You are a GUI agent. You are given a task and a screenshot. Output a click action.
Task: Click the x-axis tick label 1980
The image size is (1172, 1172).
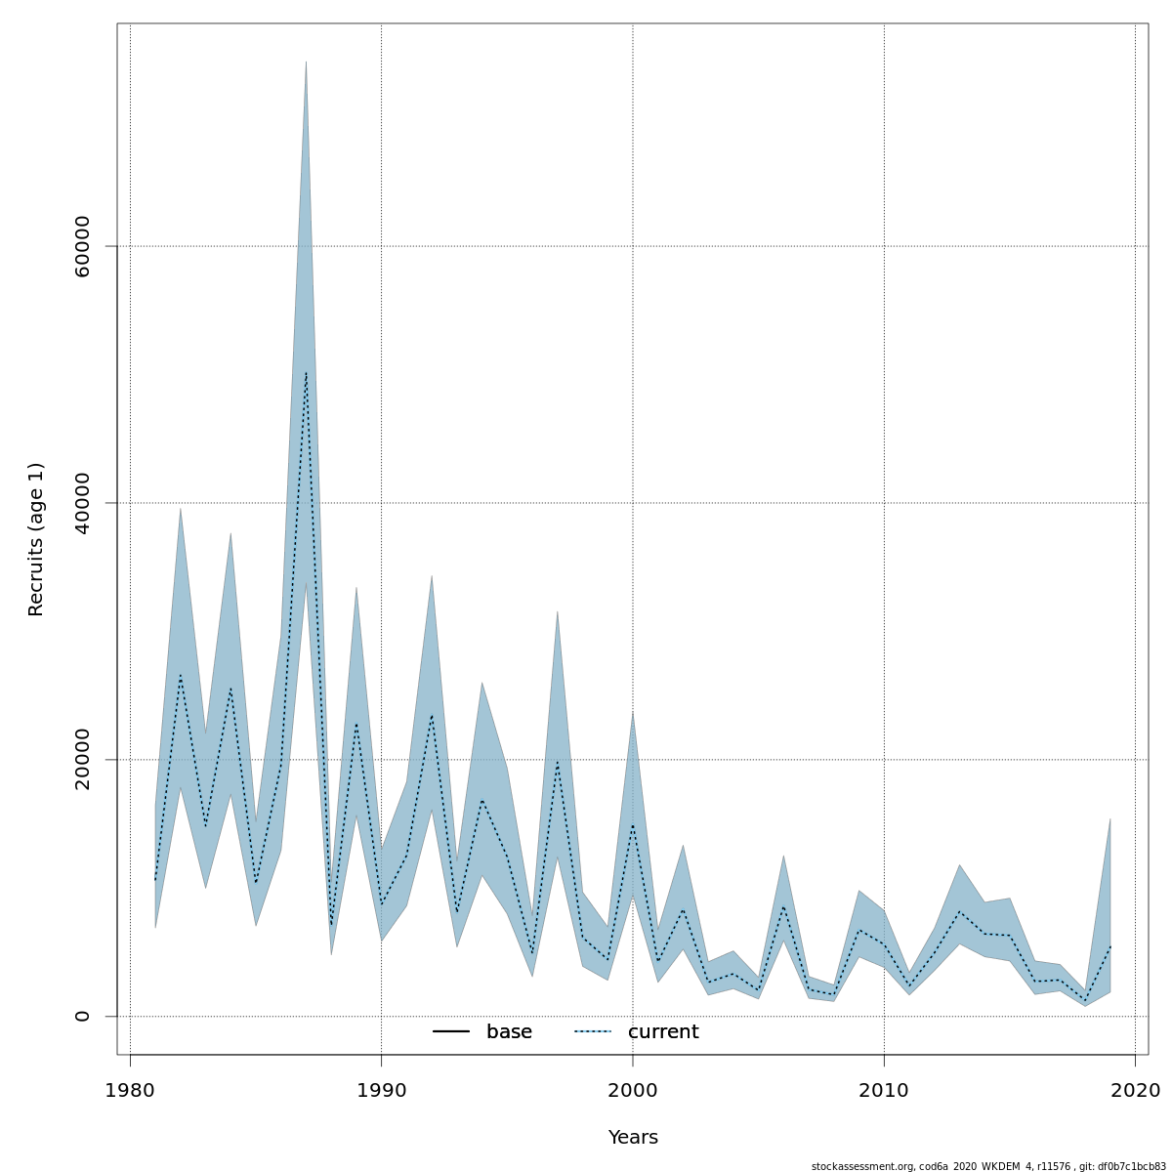pos(130,1090)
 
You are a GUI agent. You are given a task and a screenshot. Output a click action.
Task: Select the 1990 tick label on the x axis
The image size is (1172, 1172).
pos(381,1090)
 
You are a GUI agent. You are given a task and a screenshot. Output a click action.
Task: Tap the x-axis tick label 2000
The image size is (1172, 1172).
pos(633,1090)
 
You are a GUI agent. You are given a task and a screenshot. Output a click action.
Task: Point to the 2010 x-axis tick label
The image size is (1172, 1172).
pos(884,1090)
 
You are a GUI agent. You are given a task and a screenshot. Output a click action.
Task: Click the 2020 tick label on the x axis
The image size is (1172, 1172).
pos(1135,1090)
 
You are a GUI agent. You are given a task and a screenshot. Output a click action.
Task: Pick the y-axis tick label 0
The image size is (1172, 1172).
pos(82,1016)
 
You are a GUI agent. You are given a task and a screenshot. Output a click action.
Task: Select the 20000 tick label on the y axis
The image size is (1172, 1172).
pos(82,760)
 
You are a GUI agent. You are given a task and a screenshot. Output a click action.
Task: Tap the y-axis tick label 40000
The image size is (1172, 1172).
pos(82,503)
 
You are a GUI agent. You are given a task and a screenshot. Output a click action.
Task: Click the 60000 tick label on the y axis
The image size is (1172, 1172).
pos(82,246)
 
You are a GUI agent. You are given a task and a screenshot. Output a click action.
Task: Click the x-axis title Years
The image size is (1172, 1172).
pos(633,1138)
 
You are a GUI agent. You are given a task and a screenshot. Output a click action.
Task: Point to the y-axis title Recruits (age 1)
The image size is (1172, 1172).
pos(36,539)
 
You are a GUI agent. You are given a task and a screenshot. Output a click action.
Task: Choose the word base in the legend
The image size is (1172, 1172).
pos(509,1032)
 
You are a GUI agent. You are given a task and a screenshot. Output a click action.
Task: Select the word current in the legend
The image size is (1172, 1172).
pos(663,1032)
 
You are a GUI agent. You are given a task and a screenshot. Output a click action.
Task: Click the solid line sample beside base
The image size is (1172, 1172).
pos(451,1032)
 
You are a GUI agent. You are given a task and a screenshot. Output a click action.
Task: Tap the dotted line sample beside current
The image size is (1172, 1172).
pos(592,1032)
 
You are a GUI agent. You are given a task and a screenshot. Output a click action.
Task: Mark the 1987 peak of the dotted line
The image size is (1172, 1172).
pos(306,372)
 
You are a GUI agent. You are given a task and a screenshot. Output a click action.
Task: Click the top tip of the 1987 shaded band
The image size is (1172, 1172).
pos(306,62)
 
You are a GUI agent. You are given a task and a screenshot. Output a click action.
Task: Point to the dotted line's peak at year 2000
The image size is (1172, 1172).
pos(633,826)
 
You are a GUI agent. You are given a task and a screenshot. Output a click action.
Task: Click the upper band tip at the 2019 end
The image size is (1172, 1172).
pos(1109,819)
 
